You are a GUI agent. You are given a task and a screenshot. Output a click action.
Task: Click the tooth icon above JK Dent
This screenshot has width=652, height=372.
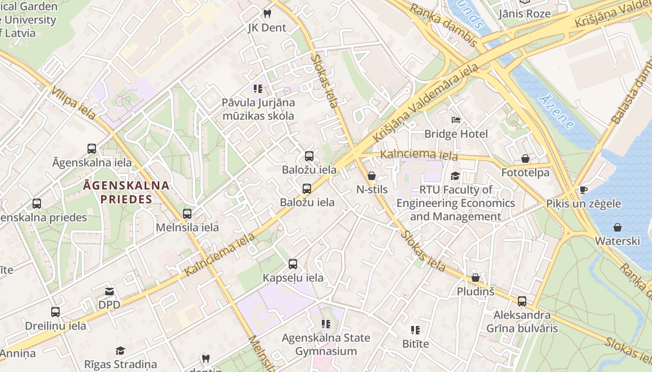[267, 14]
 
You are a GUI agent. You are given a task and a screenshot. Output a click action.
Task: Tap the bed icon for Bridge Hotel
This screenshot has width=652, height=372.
[456, 120]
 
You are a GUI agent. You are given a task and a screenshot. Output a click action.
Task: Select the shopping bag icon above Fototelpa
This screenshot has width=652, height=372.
[525, 159]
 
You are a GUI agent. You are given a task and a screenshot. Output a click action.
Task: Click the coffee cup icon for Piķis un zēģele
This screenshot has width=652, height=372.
[583, 190]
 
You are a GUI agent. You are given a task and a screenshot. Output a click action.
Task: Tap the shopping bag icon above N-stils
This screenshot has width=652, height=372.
[372, 176]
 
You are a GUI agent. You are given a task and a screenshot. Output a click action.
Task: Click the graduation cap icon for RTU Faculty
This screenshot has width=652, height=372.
[455, 176]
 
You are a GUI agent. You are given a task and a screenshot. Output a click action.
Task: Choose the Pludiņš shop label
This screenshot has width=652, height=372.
[475, 291]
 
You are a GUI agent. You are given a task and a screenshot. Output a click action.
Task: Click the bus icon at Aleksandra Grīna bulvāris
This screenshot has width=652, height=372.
[522, 301]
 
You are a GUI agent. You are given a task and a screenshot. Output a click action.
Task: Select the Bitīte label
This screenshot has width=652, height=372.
[415, 344]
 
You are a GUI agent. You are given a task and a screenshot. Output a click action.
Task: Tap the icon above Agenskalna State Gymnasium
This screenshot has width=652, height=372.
[326, 324]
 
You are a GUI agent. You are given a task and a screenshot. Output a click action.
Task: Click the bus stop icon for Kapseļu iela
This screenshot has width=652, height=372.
[293, 264]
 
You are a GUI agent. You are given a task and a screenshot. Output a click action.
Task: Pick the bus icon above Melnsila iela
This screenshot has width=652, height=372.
[187, 214]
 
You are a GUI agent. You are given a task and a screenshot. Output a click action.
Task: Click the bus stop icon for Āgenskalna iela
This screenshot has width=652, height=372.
[92, 149]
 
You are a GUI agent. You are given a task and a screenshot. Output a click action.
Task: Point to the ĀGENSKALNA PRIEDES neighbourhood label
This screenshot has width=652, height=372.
[126, 192]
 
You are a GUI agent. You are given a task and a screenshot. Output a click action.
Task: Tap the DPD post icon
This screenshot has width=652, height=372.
[109, 292]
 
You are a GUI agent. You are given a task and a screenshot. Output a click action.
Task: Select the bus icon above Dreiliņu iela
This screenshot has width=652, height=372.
[55, 312]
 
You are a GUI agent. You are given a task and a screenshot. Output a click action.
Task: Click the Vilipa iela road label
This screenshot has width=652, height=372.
[74, 102]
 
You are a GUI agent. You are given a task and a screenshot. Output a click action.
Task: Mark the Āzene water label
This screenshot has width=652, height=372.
[556, 112]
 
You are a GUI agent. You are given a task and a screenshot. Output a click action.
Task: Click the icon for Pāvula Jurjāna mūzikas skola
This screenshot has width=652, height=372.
[258, 88]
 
